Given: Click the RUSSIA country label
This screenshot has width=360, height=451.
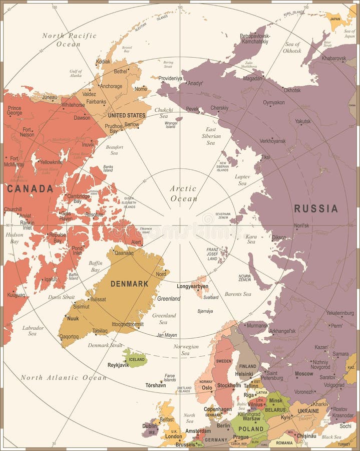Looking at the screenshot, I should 315,208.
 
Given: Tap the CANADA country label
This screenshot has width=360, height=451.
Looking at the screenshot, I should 30,188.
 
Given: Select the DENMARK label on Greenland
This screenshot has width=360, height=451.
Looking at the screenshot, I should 129,284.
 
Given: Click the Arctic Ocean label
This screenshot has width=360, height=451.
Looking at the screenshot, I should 183,193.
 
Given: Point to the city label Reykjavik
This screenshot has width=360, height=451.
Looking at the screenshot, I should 118,365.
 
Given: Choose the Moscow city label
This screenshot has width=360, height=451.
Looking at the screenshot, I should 304,374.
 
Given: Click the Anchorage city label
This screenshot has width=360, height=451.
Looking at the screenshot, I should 111,86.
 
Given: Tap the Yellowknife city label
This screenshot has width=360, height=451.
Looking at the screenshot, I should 52,162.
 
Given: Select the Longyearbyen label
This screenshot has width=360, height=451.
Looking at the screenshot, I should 192,286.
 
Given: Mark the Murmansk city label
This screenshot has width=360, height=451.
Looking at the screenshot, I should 258,326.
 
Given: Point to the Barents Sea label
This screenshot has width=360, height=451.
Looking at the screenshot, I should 238,294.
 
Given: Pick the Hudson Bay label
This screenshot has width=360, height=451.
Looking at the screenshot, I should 15,238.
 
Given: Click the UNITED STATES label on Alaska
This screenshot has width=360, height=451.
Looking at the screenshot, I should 127,115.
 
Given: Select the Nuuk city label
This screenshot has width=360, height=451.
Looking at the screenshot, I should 73,318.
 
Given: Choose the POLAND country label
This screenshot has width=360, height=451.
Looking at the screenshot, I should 251,429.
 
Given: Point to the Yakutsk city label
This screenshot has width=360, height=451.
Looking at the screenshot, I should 302,121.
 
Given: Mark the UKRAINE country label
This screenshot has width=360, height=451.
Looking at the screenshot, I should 308,411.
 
